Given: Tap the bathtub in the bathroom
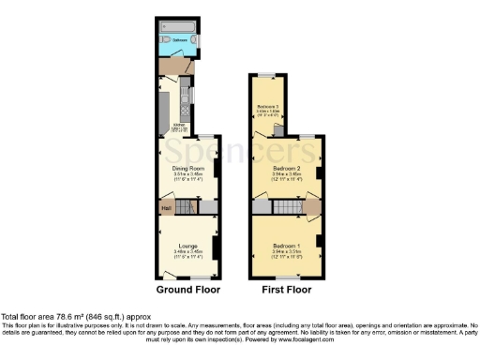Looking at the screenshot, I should (x=177, y=29).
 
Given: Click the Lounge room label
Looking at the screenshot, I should (x=187, y=247).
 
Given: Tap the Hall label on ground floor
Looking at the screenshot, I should (x=165, y=207).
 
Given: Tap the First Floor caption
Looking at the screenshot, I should (x=286, y=291).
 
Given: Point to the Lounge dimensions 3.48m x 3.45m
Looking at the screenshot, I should (x=187, y=252).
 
